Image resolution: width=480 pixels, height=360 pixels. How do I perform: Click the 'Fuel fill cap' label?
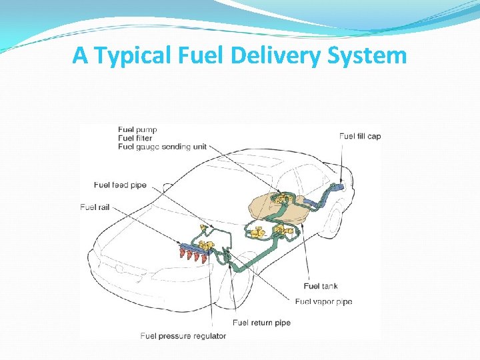pos(360,136)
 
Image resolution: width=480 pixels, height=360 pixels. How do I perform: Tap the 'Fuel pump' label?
pos(137,129)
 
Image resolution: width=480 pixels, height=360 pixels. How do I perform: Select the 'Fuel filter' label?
pos(135,138)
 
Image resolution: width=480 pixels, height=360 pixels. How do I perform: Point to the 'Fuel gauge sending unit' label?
pos(162,147)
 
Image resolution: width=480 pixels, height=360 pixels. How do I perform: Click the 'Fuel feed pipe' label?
pos(120,185)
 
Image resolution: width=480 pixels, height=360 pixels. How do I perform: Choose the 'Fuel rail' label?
pos(95,207)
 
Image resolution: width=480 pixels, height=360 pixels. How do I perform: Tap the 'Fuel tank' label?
pos(320,286)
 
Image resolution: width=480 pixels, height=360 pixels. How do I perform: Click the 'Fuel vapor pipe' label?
pos(323,301)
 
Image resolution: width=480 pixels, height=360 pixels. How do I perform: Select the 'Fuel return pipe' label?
pos(261,323)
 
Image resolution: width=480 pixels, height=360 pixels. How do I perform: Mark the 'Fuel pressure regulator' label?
pos(183,336)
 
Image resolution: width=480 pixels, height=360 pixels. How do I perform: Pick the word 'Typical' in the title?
pos(132,55)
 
